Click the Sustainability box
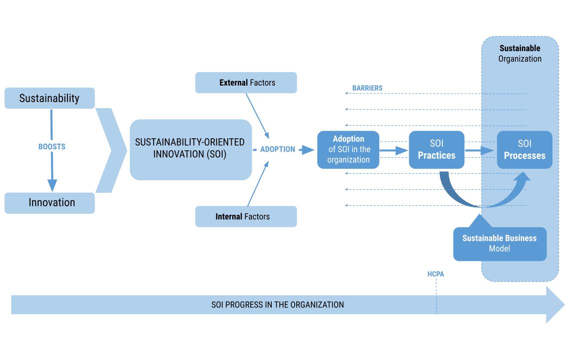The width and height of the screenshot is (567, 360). point(50,98)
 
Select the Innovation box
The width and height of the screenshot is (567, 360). point(50,203)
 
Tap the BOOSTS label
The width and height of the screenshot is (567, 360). point(52,147)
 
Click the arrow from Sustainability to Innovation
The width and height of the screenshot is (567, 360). point(52,170)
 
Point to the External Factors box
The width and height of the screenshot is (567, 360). point(246,83)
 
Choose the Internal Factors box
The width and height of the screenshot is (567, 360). point(246,217)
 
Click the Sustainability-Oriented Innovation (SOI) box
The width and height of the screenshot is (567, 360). point(190,149)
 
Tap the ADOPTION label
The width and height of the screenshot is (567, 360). point(277,149)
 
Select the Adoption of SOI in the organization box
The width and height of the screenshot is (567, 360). point(348,149)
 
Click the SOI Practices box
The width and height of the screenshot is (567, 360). point(436,149)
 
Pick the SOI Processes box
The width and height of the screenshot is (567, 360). point(524,149)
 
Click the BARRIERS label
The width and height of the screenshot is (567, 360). point(367,88)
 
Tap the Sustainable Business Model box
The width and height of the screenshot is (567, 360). point(499,244)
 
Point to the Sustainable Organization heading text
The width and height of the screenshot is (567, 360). point(520,54)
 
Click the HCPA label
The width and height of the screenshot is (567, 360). point(435,274)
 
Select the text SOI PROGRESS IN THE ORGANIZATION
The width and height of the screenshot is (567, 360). point(277,304)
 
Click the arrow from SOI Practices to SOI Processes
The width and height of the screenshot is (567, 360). point(479,150)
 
